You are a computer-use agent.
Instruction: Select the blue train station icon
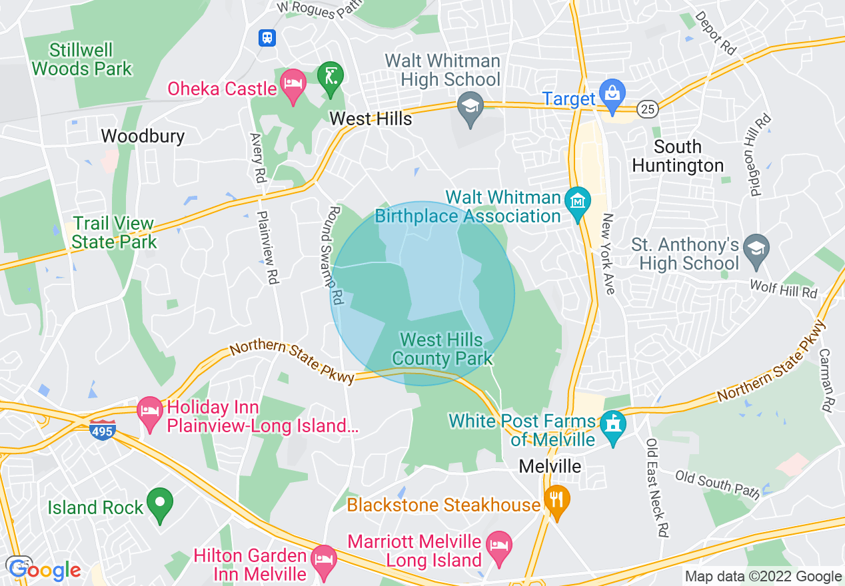pyautogui.click(x=267, y=38)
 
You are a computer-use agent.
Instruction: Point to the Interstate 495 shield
pyautogui.click(x=103, y=431)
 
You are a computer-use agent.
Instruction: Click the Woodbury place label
pyautogui.click(x=143, y=136)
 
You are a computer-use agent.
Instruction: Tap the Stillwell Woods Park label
pyautogui.click(x=82, y=59)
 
